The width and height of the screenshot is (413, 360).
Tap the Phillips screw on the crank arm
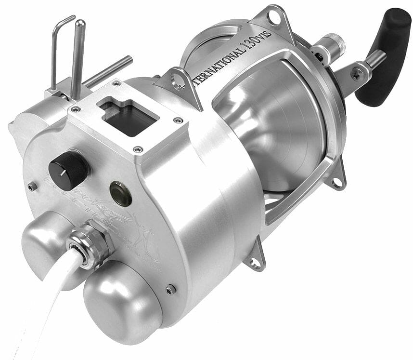[x=358, y=73]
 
